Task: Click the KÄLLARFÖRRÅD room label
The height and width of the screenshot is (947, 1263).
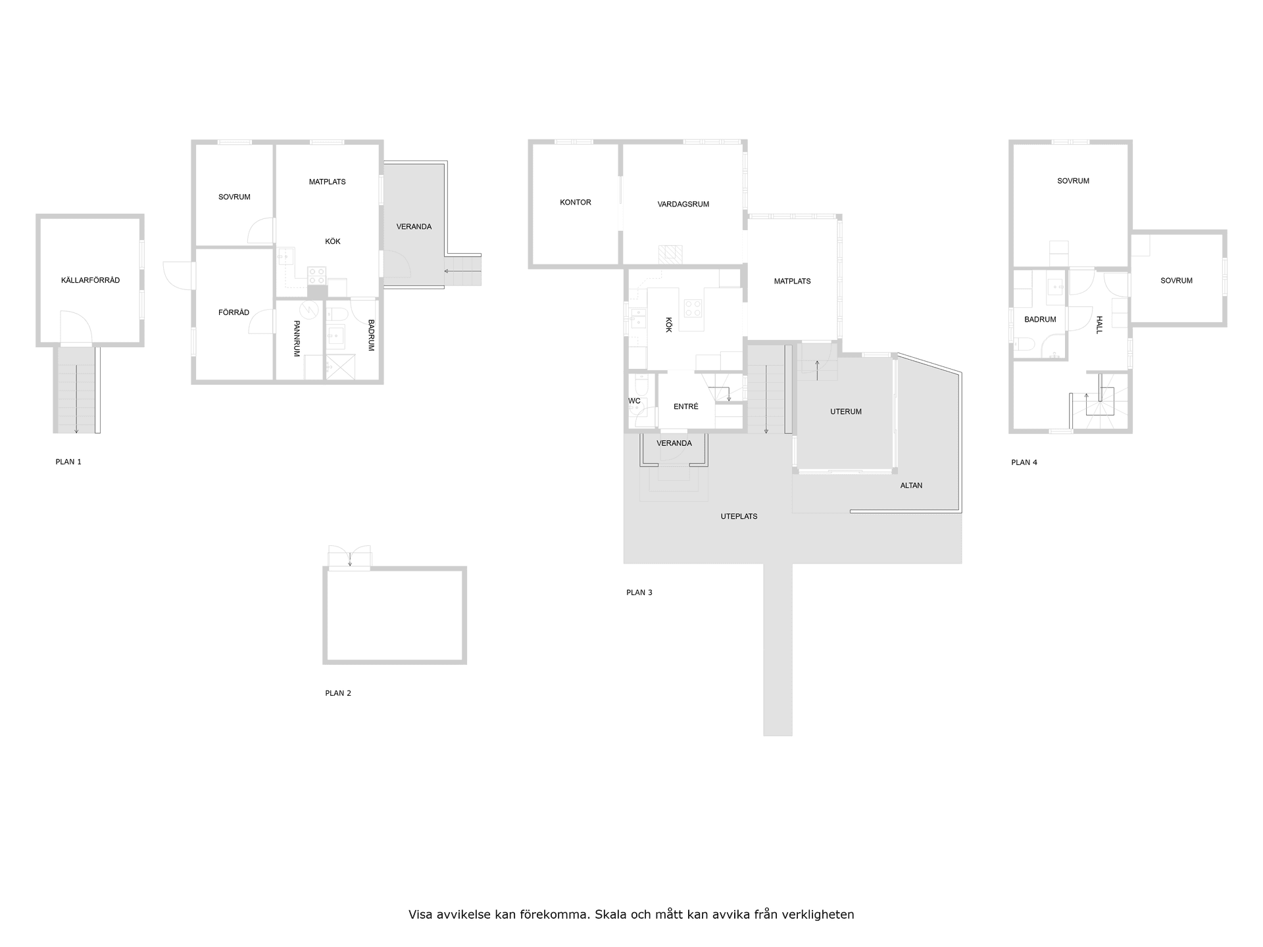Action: (90, 281)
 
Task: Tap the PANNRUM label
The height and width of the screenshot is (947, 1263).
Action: (297, 339)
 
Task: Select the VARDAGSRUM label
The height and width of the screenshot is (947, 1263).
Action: (683, 205)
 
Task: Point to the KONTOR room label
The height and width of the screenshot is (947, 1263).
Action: (575, 203)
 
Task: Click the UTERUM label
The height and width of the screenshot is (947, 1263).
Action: (845, 412)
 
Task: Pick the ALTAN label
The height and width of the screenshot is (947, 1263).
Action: (911, 486)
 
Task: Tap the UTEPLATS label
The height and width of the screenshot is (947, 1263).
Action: (739, 517)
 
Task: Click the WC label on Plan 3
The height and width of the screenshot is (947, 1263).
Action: (634, 401)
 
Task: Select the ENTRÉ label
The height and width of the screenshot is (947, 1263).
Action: (685, 407)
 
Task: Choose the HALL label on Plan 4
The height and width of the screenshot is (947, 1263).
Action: (1099, 325)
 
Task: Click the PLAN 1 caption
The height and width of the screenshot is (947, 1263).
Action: (68, 462)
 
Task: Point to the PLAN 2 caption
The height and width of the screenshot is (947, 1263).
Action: (338, 693)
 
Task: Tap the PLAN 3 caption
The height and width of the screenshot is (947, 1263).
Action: (639, 593)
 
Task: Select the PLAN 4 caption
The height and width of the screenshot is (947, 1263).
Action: (1024, 463)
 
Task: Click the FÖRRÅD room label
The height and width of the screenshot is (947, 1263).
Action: (234, 313)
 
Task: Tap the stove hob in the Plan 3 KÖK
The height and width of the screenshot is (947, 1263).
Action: (693, 308)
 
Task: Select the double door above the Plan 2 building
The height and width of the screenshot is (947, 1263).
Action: (349, 558)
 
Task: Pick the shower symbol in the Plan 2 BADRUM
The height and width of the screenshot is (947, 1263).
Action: (341, 367)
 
